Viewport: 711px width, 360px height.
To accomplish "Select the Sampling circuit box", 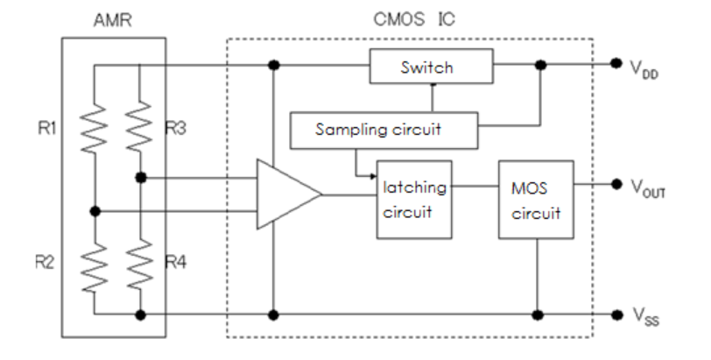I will point(384,129).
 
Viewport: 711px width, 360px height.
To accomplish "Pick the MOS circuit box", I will point(536,199).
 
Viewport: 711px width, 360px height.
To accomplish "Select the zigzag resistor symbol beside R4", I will point(139,262).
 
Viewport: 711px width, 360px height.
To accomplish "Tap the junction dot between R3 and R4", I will point(140,179).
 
